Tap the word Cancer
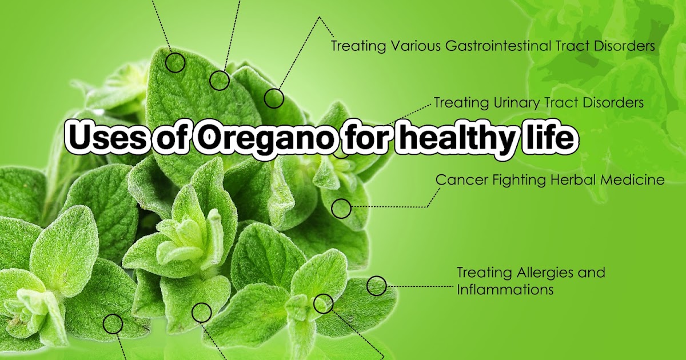click(x=459, y=180)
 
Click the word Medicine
click(x=634, y=180)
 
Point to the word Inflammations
click(x=505, y=290)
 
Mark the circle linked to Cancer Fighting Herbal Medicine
click(x=341, y=209)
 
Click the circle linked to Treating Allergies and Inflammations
click(x=376, y=286)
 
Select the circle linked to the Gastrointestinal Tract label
click(x=274, y=98)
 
